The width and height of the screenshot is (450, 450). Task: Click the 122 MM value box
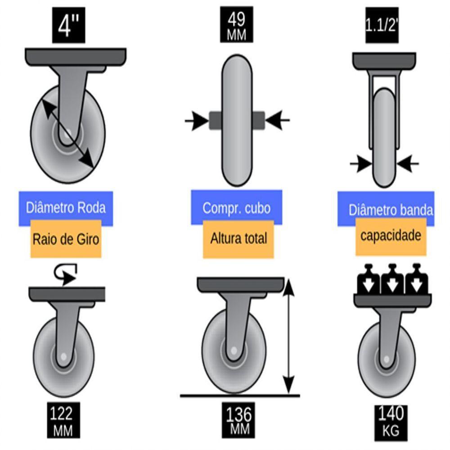pyautogui.click(x=63, y=421)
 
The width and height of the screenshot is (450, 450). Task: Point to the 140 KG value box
pyautogui.click(x=391, y=421)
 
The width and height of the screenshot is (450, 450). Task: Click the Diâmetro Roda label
pyautogui.click(x=66, y=208)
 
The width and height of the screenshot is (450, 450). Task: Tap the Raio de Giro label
pyautogui.click(x=66, y=239)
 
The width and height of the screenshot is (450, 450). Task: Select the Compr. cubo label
pyautogui.click(x=237, y=208)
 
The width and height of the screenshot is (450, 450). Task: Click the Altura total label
pyautogui.click(x=238, y=239)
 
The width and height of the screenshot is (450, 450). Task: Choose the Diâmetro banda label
pyautogui.click(x=391, y=210)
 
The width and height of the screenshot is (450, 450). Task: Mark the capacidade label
pyautogui.click(x=391, y=236)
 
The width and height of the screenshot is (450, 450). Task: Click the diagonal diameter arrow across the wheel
pyautogui.click(x=68, y=134)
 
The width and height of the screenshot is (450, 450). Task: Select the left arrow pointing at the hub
pyautogui.click(x=196, y=121)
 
